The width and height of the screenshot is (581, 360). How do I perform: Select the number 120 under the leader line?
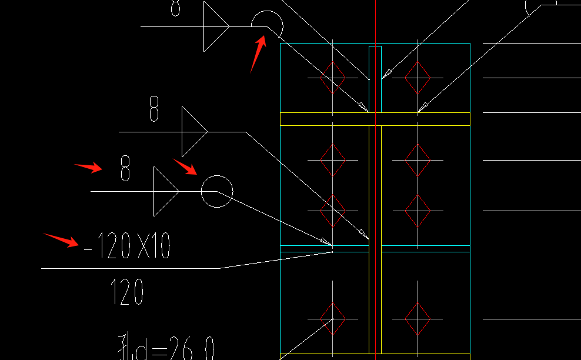pyautogui.click(x=127, y=292)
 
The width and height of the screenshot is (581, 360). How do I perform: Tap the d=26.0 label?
pyautogui.click(x=167, y=346)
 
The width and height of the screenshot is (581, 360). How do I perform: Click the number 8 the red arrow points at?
pyautogui.click(x=125, y=168)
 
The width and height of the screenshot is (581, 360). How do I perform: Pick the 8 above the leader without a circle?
pyautogui.click(x=153, y=109)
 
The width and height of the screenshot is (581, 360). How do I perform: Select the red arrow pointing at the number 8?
pyautogui.click(x=88, y=168)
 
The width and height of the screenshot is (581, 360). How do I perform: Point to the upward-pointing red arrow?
pyautogui.click(x=258, y=54)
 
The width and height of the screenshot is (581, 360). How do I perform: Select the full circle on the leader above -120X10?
pyautogui.click(x=217, y=191)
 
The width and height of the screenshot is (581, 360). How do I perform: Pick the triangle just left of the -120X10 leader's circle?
pyautogui.click(x=164, y=191)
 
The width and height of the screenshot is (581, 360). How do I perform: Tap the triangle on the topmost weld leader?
pyautogui.click(x=214, y=26)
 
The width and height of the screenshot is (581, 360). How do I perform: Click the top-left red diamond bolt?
pyautogui.click(x=333, y=77)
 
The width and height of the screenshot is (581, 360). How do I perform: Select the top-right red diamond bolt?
pyautogui.click(x=418, y=77)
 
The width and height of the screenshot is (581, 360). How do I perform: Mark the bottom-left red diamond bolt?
pyautogui.click(x=333, y=319)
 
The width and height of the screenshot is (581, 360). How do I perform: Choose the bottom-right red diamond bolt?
pyautogui.click(x=418, y=319)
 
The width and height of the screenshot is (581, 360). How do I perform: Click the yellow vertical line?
pyautogui.click(x=382, y=235)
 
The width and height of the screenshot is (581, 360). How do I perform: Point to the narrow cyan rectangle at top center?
pyautogui.click(x=375, y=78)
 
